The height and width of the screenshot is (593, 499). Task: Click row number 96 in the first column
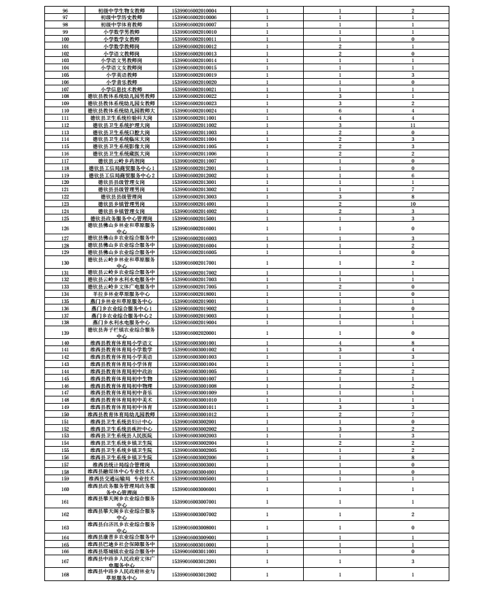coord(65,11)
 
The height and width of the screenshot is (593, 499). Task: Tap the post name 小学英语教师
coord(121,75)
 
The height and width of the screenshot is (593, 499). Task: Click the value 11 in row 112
coord(412,124)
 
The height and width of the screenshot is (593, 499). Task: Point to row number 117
coord(65,160)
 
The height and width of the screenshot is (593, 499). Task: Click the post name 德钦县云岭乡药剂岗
coord(121,160)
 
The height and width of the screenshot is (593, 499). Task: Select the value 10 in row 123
coord(412,204)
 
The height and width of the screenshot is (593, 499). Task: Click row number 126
coord(65,228)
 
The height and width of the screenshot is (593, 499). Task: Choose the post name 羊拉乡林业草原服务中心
coord(121,293)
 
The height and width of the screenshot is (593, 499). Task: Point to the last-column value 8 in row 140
coord(412,343)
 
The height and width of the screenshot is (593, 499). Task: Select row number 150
coord(65,414)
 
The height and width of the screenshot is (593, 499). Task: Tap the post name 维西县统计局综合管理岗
coord(121,464)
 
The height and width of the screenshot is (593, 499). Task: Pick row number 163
coord(65,527)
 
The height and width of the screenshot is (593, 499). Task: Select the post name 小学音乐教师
coord(121,82)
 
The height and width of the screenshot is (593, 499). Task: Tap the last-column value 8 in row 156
coord(412,457)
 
